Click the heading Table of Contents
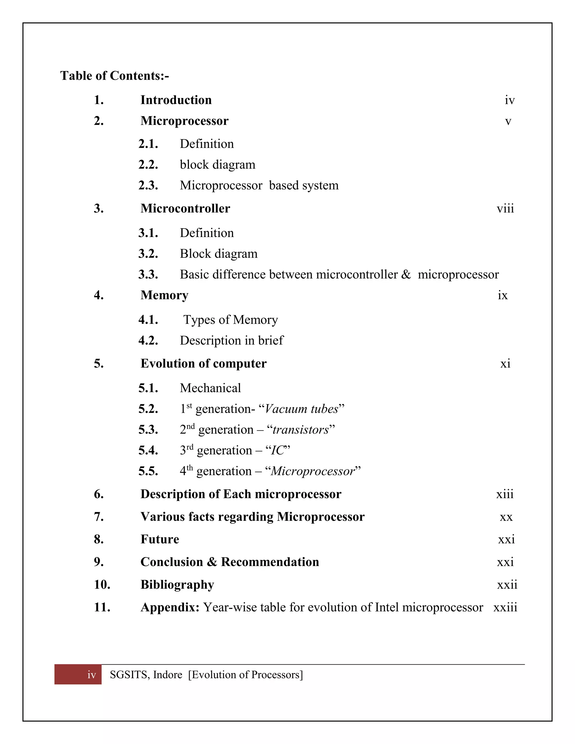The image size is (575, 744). pos(115,76)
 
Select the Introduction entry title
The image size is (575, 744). pos(176,100)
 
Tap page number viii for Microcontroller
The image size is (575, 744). pos(505,209)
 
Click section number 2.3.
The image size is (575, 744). pos(148,186)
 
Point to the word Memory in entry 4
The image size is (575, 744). pos(164,295)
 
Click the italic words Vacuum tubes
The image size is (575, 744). pos(302,409)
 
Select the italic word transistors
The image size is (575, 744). pos(301,430)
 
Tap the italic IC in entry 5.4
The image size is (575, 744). pos(277,450)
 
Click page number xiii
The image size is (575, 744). pos(505,494)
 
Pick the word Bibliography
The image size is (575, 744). pos(177,585)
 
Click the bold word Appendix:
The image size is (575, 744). pos(170,607)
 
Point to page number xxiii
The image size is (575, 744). pos(505,607)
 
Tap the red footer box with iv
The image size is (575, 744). pos(78,674)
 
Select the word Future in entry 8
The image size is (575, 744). pos(159,540)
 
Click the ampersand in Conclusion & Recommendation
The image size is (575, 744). pos(212,562)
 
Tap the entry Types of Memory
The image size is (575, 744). pos(231,320)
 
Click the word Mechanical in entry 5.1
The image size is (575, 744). pos(210,388)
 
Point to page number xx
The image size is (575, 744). pos(506,517)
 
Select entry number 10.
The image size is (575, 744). pos(102,585)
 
